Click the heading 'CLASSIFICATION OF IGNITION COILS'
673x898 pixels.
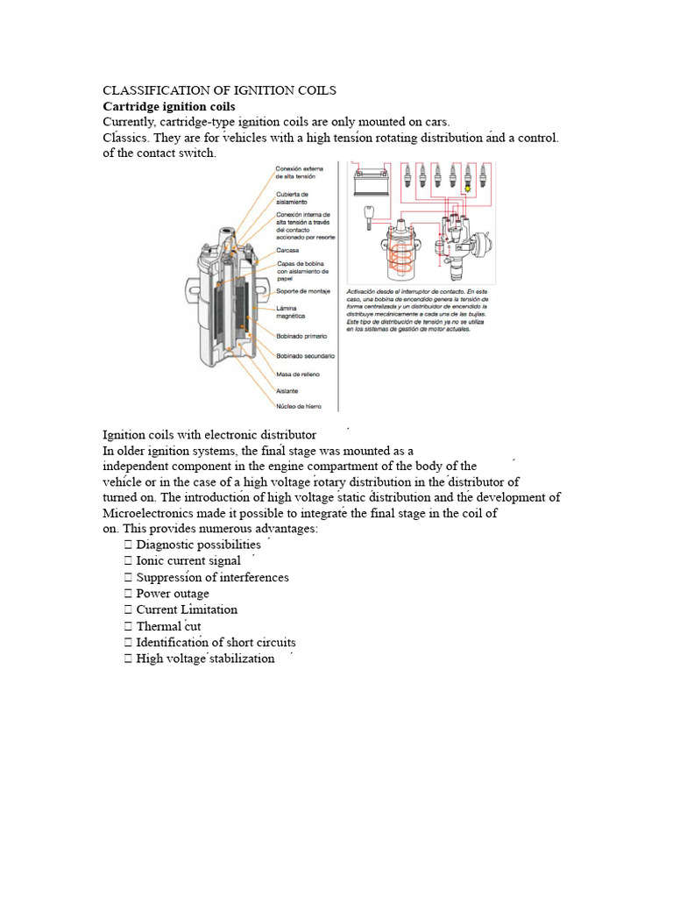click(219, 90)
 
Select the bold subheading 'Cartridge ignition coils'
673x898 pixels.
click(169, 106)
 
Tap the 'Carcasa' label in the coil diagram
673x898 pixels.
click(287, 250)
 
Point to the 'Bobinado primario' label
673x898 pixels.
click(301, 336)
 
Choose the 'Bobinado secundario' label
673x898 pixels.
click(305, 356)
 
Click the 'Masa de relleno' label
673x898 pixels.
click(298, 374)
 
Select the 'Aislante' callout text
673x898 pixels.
click(287, 391)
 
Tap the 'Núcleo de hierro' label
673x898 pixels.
click(300, 408)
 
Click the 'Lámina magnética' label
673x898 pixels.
click(291, 311)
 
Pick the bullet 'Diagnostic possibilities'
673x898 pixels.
click(198, 545)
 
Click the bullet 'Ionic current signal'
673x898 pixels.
click(188, 560)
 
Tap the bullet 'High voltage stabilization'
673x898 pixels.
click(205, 659)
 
